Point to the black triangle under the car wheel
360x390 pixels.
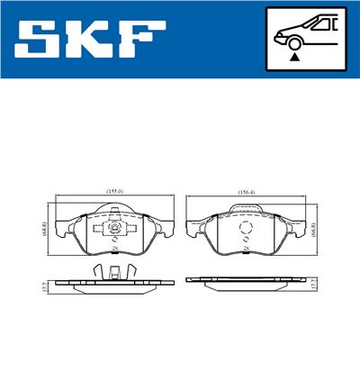tap(293, 57)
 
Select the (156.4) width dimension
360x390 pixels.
tap(246, 192)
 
